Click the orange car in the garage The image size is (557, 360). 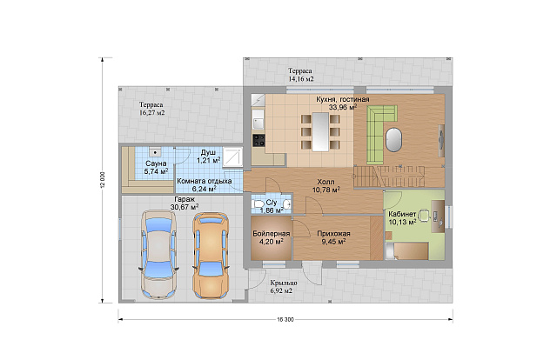pyautogui.click(x=211, y=256)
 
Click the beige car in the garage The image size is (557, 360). pyautogui.click(x=158, y=255)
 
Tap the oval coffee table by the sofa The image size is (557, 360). pyautogui.click(x=394, y=139)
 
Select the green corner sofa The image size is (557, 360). pyautogui.click(x=380, y=134)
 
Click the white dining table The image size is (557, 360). pyautogui.click(x=320, y=131)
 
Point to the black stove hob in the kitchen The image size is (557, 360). pyautogui.click(x=258, y=140)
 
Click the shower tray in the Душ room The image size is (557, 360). pyautogui.click(x=232, y=157)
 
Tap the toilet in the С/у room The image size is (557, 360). pyautogui.click(x=258, y=204)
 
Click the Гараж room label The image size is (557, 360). pyautogui.click(x=185, y=199)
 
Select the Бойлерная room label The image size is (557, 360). pyautogui.click(x=272, y=234)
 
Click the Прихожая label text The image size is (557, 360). pyautogui.click(x=333, y=234)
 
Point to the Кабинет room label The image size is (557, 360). pyautogui.click(x=402, y=214)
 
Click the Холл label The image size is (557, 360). pyautogui.click(x=325, y=182)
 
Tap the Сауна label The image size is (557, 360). pyautogui.click(x=156, y=163)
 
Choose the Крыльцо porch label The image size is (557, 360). pyautogui.click(x=284, y=283)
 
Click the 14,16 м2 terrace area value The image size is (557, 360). pyautogui.click(x=301, y=79)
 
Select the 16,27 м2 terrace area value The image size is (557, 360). pyautogui.click(x=151, y=113)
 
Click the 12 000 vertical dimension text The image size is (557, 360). pyautogui.click(x=103, y=181)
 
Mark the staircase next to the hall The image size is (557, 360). pyautogui.click(x=389, y=177)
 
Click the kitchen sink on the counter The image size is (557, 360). pyautogui.click(x=258, y=122)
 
